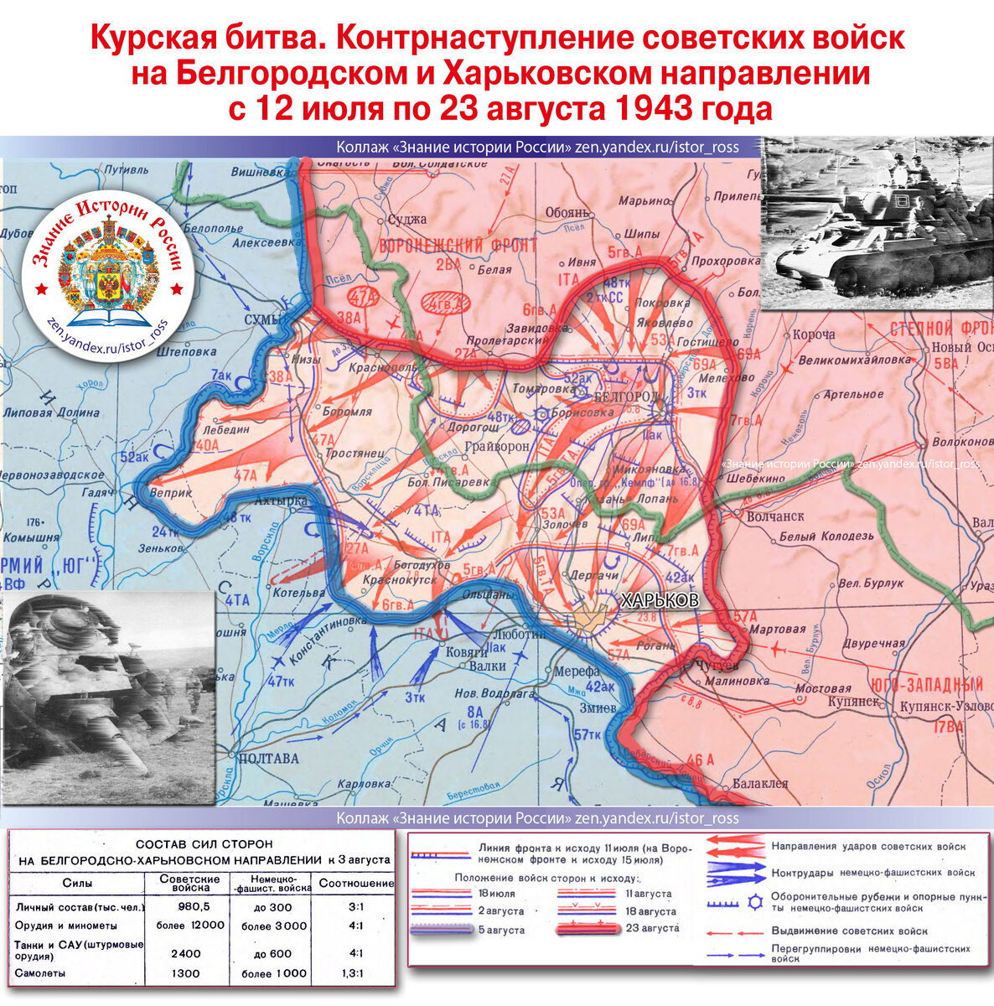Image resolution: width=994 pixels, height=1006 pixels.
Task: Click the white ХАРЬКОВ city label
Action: click(x=659, y=600)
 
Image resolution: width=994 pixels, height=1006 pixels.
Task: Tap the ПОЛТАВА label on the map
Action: click(x=268, y=759)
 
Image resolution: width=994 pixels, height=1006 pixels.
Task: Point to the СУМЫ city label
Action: click(x=262, y=319)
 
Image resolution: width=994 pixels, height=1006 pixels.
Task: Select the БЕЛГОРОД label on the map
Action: click(x=626, y=396)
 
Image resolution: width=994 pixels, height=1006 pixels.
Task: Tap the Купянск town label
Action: click(x=855, y=700)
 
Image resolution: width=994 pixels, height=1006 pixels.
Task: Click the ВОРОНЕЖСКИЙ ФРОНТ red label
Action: click(x=458, y=246)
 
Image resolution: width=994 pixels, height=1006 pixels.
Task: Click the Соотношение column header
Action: click(x=355, y=883)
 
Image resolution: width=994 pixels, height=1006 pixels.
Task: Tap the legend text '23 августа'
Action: click(x=652, y=928)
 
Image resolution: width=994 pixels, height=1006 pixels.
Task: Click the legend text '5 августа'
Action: click(x=502, y=929)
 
